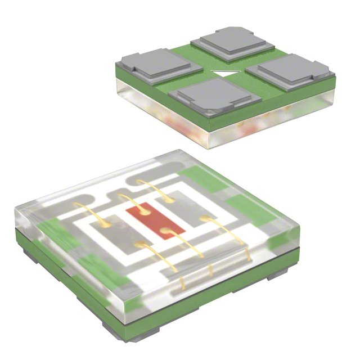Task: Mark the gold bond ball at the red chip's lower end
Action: [165, 230]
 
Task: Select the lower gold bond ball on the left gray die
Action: [138, 243]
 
